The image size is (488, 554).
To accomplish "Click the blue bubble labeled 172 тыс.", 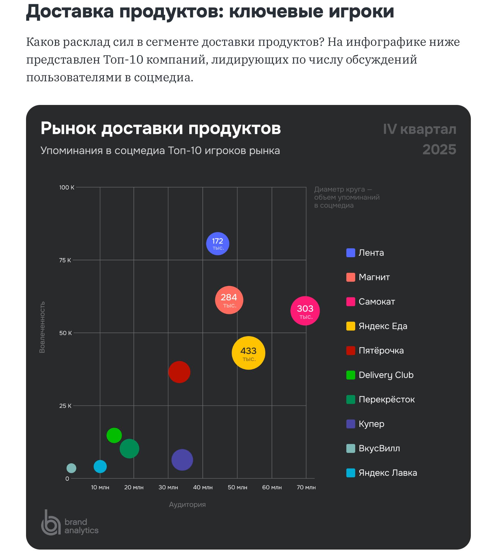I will point(218,244).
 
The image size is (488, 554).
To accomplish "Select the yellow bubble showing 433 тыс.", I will point(248,353).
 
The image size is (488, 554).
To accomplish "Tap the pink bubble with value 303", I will point(305,311).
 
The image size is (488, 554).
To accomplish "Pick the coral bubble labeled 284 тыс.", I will point(229,300).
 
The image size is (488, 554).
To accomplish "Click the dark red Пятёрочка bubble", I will point(179,372).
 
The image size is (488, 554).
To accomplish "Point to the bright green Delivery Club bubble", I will point(114,435).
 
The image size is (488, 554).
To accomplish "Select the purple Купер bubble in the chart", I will point(182,460).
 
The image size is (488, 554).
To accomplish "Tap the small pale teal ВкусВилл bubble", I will point(71,468).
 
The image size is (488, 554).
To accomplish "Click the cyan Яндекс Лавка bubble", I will point(100,466).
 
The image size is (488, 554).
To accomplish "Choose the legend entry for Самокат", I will point(376,302).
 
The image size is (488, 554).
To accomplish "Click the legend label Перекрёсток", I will point(387,399).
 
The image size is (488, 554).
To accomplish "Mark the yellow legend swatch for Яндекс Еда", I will point(350,326).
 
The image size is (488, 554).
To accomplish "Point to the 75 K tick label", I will point(65,260).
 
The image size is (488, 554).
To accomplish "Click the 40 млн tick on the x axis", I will point(203,487).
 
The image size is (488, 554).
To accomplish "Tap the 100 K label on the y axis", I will point(67,187).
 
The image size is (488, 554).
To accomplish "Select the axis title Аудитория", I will point(187,504).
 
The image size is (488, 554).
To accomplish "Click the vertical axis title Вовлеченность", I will point(42,327).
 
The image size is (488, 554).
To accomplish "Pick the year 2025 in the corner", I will point(439,150).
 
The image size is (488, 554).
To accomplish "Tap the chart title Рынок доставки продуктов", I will point(161,129).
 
